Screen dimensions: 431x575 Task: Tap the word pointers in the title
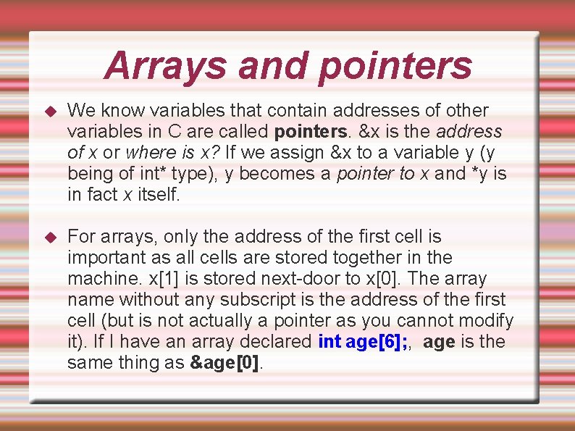pos(395,66)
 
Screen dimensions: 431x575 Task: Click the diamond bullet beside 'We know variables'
pos(50,112)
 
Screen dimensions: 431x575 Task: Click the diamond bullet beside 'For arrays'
pos(50,238)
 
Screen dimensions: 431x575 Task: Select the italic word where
pos(147,153)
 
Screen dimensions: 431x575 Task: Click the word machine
pos(101,279)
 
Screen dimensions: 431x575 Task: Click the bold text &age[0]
pos(224,363)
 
